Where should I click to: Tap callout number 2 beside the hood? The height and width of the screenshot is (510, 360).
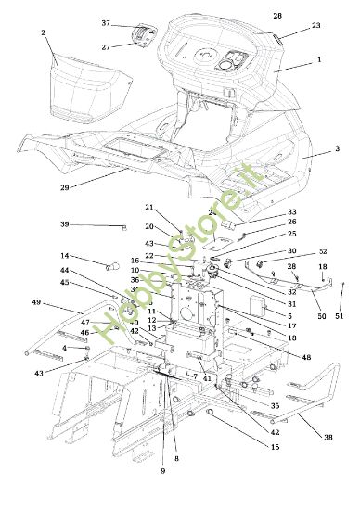pos(44,32)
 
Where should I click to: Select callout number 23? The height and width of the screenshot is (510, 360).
pos(316,26)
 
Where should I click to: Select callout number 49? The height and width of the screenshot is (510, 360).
pos(36,302)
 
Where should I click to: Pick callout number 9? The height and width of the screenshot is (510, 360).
pos(162,471)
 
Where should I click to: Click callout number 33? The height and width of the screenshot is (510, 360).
pos(291,212)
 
